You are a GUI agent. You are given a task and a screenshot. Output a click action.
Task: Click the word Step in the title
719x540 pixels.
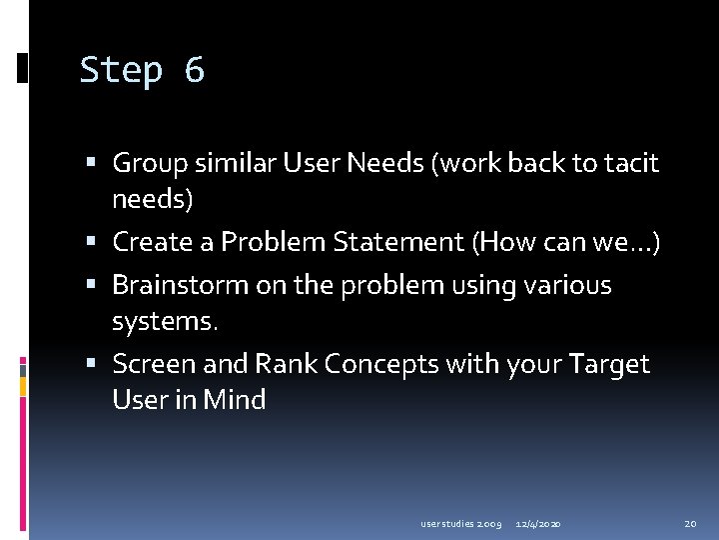[x=121, y=71]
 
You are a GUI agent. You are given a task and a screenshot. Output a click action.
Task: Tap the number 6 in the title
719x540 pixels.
[x=194, y=71]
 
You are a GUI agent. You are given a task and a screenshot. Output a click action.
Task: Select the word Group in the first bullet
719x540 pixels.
[x=148, y=163]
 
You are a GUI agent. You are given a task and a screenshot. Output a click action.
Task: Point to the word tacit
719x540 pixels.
[x=630, y=163]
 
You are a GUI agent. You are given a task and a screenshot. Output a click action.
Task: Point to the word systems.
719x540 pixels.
[x=164, y=322]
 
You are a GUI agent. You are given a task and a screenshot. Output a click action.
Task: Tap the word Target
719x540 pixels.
[x=610, y=364]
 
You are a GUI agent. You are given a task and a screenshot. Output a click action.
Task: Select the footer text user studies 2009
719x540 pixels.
[x=460, y=523]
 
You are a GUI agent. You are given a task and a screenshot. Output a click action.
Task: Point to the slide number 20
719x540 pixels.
[x=690, y=523]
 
